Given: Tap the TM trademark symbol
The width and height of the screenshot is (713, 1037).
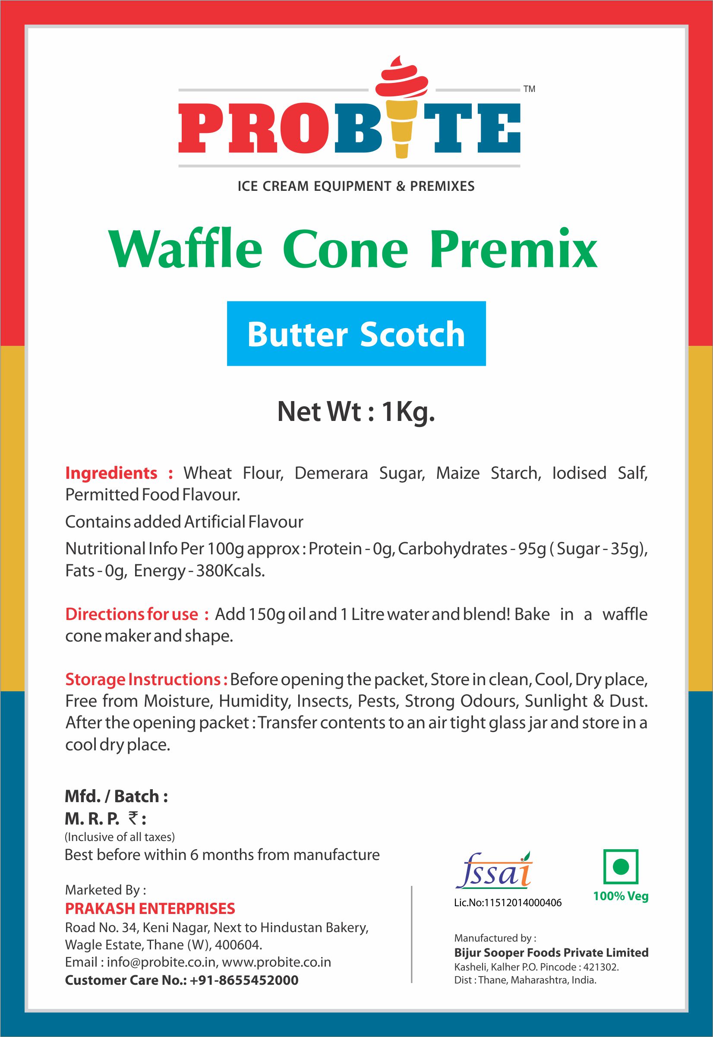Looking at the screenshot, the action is (x=530, y=89).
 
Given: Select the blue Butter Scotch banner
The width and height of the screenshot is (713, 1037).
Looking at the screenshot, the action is (x=356, y=333).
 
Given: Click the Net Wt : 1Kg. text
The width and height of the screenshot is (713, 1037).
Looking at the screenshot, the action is (x=356, y=411).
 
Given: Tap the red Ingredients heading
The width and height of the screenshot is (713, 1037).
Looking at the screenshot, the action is (x=119, y=473).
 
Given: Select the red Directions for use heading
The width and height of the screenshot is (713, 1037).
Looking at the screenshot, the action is (x=137, y=614).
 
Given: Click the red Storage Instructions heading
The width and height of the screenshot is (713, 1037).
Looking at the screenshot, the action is (x=147, y=680).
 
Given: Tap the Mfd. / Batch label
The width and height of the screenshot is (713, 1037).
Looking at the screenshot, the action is (x=116, y=796).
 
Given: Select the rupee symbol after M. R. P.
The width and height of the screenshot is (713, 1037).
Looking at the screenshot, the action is (x=133, y=818).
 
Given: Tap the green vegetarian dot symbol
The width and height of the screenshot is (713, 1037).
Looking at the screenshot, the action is (x=621, y=867).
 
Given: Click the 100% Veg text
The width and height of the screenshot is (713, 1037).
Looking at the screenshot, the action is (x=621, y=896).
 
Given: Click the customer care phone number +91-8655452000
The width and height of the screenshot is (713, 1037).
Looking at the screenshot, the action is (x=244, y=980).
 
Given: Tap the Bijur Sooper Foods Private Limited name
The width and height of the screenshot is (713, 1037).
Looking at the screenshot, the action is (x=551, y=952).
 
